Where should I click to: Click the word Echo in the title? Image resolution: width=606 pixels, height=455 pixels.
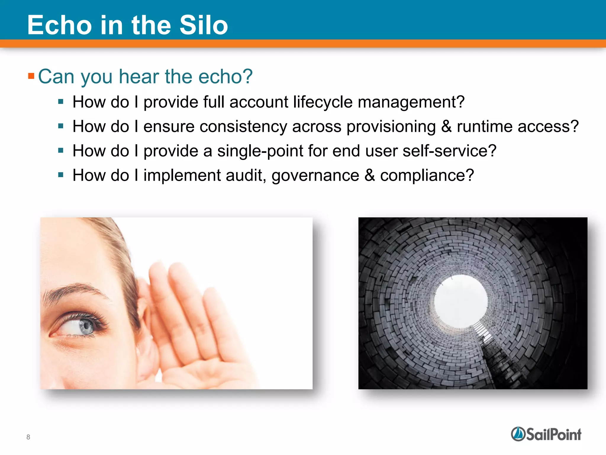point(59,25)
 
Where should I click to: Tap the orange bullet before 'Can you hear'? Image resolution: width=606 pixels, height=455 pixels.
point(31,76)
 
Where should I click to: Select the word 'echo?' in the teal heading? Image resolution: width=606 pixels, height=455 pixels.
point(225,76)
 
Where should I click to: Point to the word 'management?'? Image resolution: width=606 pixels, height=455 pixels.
point(411,102)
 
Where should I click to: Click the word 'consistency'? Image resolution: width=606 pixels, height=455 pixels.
point(243,127)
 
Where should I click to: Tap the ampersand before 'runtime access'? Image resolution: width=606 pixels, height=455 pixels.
point(446,126)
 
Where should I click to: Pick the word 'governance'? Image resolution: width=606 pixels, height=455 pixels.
point(315,176)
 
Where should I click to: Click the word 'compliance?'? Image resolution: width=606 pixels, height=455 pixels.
point(427,175)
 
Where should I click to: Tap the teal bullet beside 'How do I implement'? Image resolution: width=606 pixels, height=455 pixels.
point(61,175)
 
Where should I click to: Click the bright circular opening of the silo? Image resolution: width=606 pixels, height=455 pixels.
point(461,301)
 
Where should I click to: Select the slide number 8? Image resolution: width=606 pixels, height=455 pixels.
point(28,437)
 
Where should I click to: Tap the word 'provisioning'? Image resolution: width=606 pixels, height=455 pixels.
point(391,127)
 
